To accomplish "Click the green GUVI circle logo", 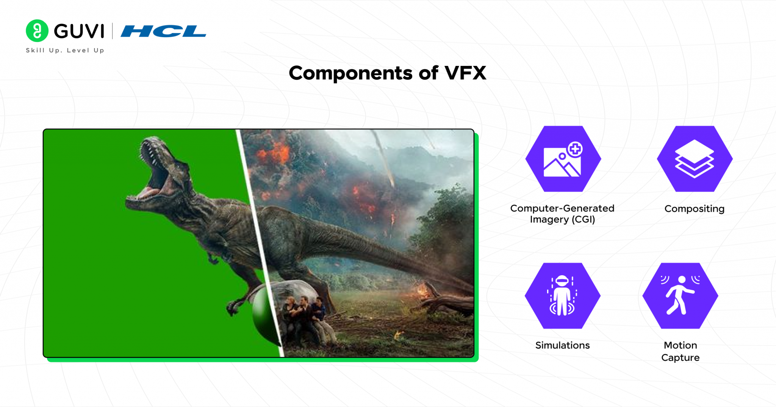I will pyautogui.click(x=37, y=31).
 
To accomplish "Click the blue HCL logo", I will pyautogui.click(x=163, y=31).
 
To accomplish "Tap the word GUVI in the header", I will pyautogui.click(x=79, y=31).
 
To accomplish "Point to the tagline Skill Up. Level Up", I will pyautogui.click(x=65, y=50).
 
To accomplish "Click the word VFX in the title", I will pyautogui.click(x=465, y=73).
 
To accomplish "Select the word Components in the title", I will pyautogui.click(x=350, y=73).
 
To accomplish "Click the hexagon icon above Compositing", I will pyautogui.click(x=694, y=159).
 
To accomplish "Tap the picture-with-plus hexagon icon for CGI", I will pyautogui.click(x=563, y=159).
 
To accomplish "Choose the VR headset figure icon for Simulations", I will pyautogui.click(x=562, y=296).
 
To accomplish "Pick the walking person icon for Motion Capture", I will pyautogui.click(x=680, y=296).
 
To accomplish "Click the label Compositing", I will pyautogui.click(x=694, y=209).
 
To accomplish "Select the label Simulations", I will pyautogui.click(x=562, y=345).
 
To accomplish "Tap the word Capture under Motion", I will pyautogui.click(x=680, y=357).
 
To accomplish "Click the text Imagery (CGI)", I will pyautogui.click(x=562, y=220).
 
